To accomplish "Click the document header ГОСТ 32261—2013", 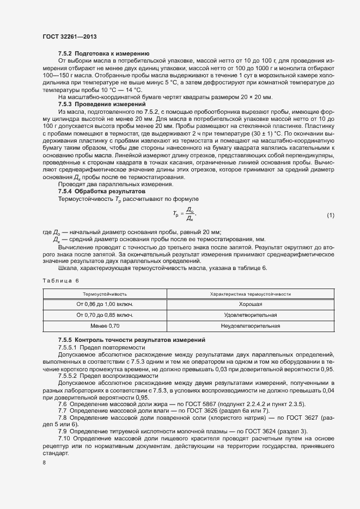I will pyautogui.click(x=70, y=36).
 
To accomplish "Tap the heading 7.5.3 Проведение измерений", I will pyautogui.click(x=102, y=103).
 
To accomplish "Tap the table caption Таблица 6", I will pyautogui.click(x=60, y=280).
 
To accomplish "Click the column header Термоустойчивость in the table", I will pyautogui.click(x=105, y=294).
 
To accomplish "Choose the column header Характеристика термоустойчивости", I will pyautogui.click(x=251, y=294).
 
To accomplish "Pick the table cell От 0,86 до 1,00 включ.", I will pyautogui.click(x=105, y=304).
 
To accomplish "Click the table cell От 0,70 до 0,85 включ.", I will pyautogui.click(x=105, y=315).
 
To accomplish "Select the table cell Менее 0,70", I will pyautogui.click(x=105, y=326).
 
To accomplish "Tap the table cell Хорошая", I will pyautogui.click(x=251, y=304).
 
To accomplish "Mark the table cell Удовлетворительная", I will pyautogui.click(x=251, y=315).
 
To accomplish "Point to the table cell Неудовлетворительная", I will pyautogui.click(x=251, y=326).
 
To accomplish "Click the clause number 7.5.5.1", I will pyautogui.click(x=69, y=347).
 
